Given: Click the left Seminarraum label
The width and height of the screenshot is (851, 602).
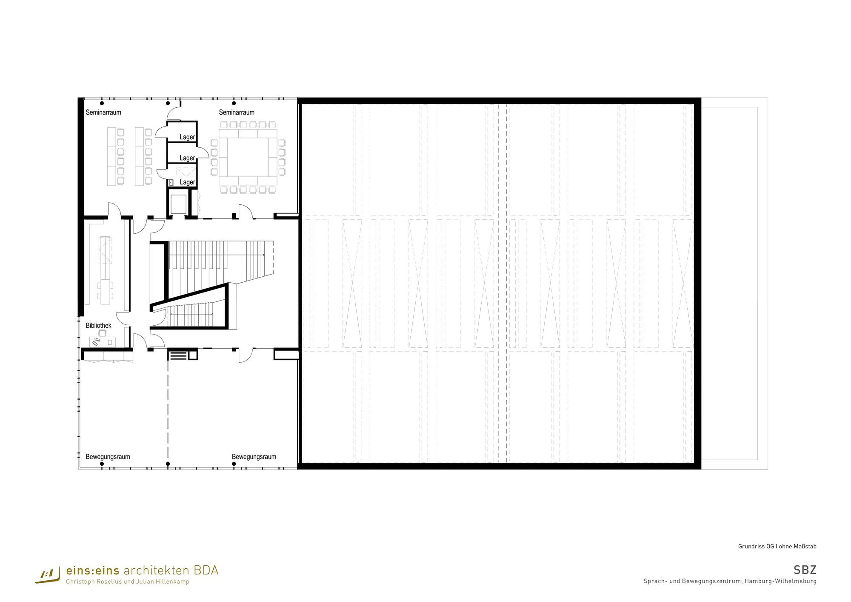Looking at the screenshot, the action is click(103, 112).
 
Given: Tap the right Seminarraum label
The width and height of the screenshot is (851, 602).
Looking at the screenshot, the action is click(237, 112).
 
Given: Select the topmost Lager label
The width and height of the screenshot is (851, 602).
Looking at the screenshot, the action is click(187, 137).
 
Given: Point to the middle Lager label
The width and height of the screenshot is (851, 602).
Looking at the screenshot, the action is click(187, 158).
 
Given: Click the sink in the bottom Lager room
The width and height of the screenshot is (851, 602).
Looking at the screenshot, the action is click(171, 183).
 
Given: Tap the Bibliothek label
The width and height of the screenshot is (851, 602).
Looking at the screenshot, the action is click(98, 326).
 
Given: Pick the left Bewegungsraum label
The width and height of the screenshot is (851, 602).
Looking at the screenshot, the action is click(108, 457).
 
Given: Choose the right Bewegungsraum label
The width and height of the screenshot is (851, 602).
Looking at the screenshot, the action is click(254, 457).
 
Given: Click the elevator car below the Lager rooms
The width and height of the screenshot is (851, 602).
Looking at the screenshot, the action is click(179, 204).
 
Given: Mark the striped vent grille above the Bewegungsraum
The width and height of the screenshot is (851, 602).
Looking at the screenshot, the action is click(178, 355).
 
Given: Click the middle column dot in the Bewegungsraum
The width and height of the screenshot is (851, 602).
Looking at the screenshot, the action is click(168, 464).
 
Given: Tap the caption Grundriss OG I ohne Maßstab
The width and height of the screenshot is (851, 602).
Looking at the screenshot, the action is click(777, 546).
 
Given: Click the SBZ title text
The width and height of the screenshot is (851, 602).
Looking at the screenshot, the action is click(805, 570).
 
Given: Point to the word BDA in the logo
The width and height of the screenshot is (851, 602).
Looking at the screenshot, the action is click(206, 570).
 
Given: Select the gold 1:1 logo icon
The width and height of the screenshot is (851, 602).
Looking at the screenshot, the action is click(48, 576).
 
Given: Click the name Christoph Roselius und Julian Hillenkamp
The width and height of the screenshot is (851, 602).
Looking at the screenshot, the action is click(128, 582).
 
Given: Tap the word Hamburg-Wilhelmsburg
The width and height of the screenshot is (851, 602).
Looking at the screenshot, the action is click(780, 581).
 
